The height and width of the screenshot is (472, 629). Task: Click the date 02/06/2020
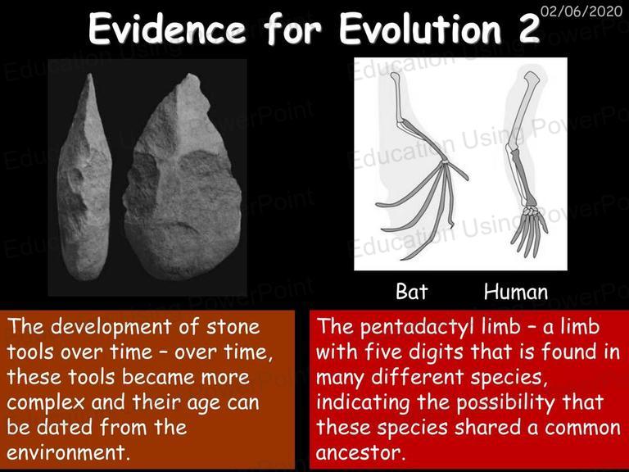pos(581,11)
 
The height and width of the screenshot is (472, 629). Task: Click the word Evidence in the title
pos(167,29)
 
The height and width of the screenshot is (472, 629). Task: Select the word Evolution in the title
pos(420,29)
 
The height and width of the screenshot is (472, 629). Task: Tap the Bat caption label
pos(412,291)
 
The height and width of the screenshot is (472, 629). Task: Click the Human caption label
pos(516,292)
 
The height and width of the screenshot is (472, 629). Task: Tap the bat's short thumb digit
pos(457,170)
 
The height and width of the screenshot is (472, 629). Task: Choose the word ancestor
pos(358,452)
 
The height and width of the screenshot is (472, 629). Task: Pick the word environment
pos(66,452)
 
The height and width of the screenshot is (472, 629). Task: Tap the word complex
pos(46,403)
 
